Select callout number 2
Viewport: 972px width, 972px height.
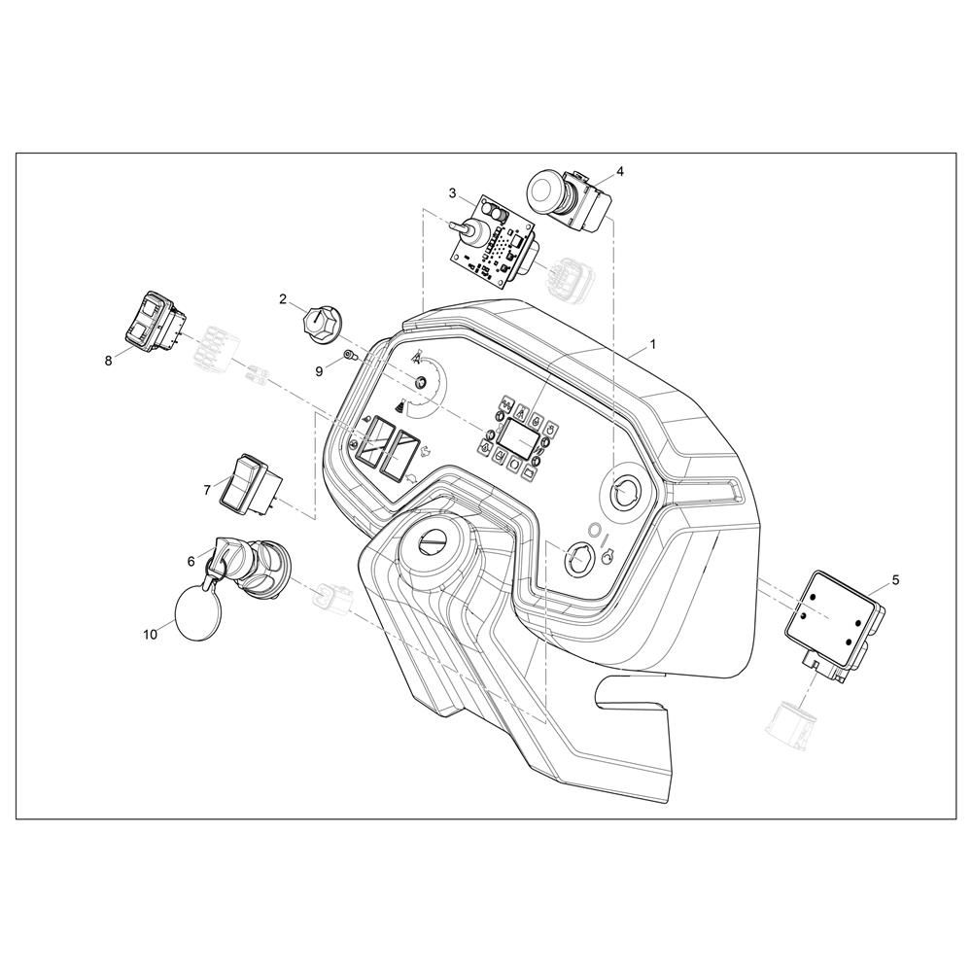(283, 299)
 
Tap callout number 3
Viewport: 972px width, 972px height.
(453, 193)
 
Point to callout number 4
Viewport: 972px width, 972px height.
(620, 170)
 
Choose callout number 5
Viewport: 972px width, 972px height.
(895, 580)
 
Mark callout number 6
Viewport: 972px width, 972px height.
(191, 561)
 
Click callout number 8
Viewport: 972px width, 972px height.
(109, 361)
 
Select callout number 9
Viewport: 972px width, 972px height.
(319, 371)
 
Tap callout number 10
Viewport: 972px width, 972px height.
(151, 635)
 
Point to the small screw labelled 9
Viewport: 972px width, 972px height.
(349, 356)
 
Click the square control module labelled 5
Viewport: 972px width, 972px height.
(834, 627)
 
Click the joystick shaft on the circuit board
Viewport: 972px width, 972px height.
(463, 228)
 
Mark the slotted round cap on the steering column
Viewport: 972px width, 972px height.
(431, 541)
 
